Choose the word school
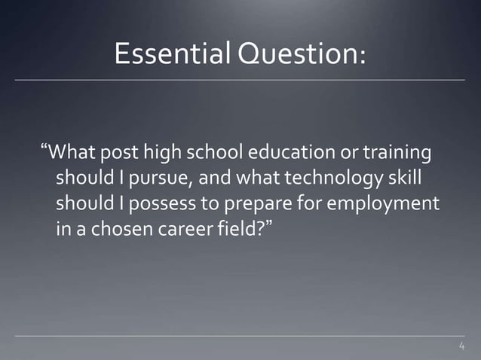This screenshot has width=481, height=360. point(216,154)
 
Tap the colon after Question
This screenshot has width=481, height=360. point(365,55)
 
